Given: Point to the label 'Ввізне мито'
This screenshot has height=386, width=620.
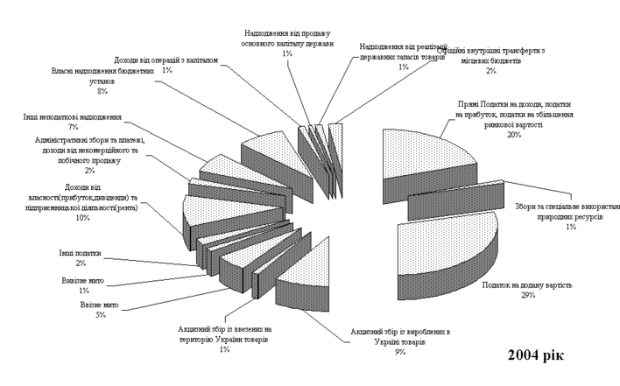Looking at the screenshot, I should (117, 305).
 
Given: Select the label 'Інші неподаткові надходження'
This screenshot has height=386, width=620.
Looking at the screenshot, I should (73, 116).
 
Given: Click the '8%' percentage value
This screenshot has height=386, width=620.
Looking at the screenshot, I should (102, 91).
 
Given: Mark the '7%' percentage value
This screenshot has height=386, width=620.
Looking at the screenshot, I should (73, 127).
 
